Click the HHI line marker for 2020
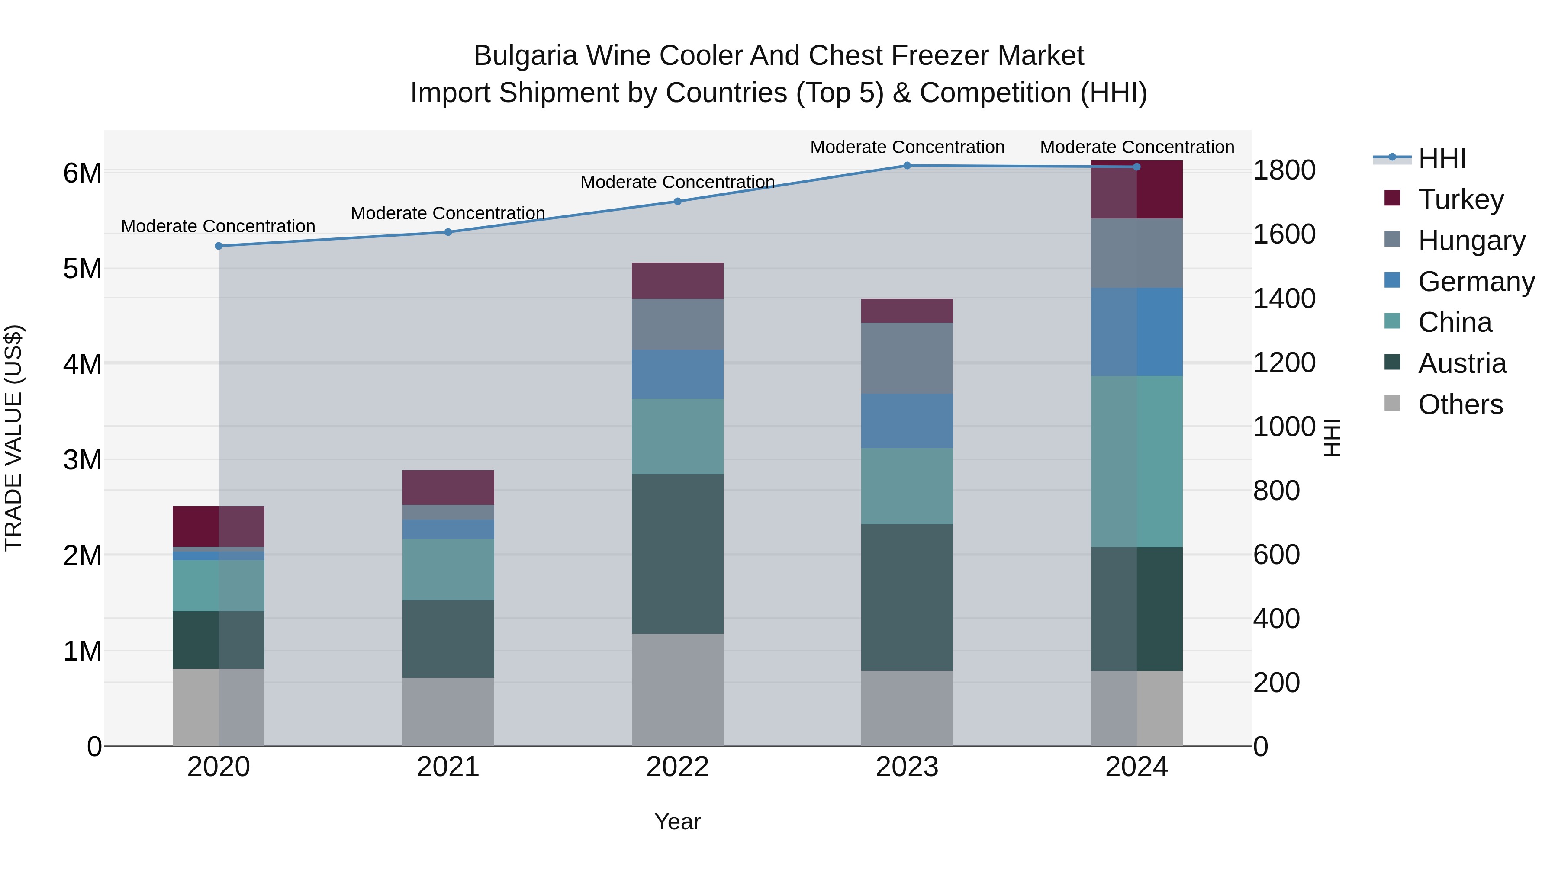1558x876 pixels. coord(219,246)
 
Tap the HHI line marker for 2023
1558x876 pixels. coord(907,166)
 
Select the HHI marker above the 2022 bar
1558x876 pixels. coord(677,201)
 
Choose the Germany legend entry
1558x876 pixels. coord(1476,282)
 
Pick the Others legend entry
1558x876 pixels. coord(1460,404)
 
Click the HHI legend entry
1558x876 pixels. coord(1442,158)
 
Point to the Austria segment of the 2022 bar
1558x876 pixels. coord(677,554)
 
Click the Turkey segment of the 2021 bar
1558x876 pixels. coord(448,487)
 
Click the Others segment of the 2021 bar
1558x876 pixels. coord(448,712)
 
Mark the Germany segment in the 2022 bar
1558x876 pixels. coord(677,374)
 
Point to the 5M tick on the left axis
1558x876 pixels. coord(82,269)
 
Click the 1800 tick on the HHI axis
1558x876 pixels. coord(1284,170)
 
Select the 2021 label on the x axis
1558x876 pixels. coord(448,767)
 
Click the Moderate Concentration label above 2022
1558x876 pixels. coord(677,182)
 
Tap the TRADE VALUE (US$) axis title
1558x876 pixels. coord(14,438)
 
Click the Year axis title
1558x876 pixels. coord(677,821)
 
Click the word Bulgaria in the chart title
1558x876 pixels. coord(525,56)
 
